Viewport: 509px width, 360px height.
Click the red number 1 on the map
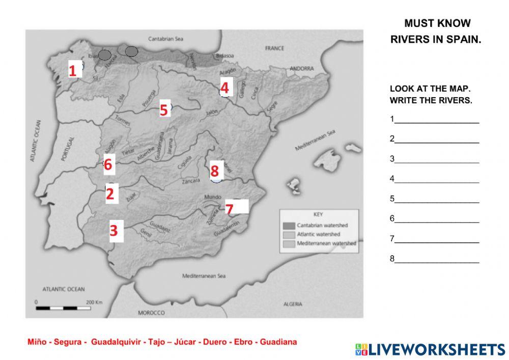click(x=73, y=70)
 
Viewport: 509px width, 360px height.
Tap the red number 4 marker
click(x=225, y=88)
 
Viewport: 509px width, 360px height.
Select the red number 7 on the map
click(x=229, y=209)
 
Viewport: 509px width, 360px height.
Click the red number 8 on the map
click(x=214, y=170)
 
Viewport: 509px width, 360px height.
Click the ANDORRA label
click(x=302, y=68)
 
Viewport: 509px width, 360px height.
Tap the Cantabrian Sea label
click(x=165, y=38)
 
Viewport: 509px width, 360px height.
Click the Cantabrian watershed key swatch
click(x=289, y=225)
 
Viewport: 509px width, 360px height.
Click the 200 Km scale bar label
click(x=95, y=302)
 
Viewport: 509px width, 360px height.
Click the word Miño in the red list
click(x=37, y=342)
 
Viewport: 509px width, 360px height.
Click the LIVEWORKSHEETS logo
click(x=430, y=349)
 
